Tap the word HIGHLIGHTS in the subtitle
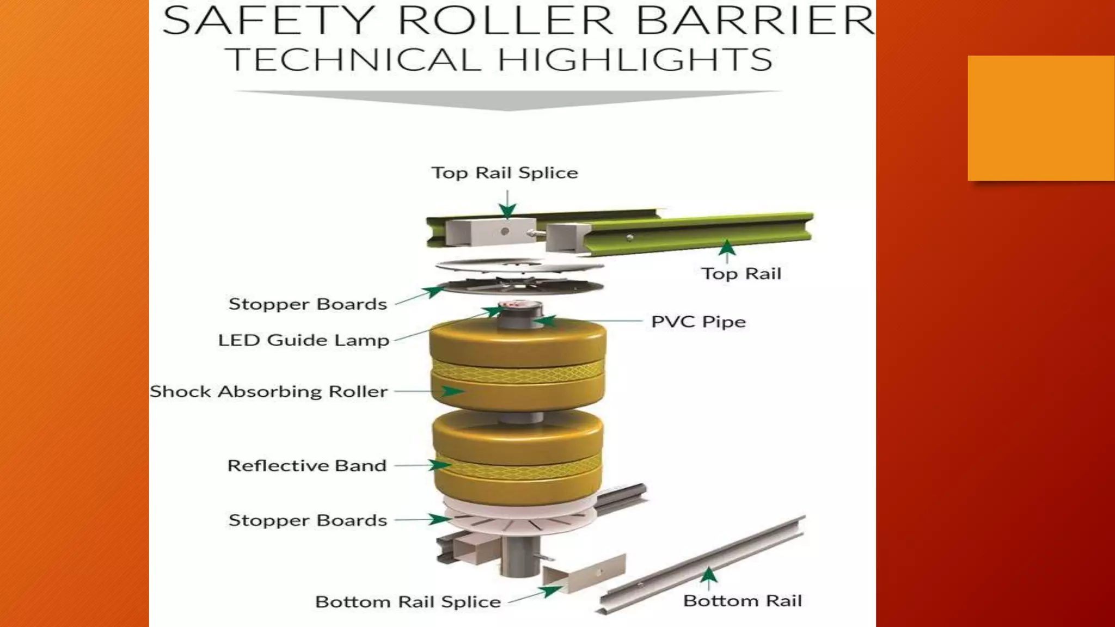pyautogui.click(x=635, y=59)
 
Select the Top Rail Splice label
pyautogui.click(x=505, y=173)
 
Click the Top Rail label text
pyautogui.click(x=741, y=273)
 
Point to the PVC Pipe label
pyautogui.click(x=699, y=321)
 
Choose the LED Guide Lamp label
pyautogui.click(x=304, y=340)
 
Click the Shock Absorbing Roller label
pyautogui.click(x=268, y=391)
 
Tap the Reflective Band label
pyautogui.click(x=307, y=465)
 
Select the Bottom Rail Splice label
pyautogui.click(x=408, y=601)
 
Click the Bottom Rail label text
pyautogui.click(x=743, y=600)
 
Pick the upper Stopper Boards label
pyautogui.click(x=308, y=304)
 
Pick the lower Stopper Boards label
pyautogui.click(x=308, y=520)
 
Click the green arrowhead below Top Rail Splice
pyautogui.click(x=507, y=211)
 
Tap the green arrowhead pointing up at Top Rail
pyautogui.click(x=727, y=248)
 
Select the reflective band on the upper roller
pyautogui.click(x=517, y=373)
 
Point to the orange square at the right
pyautogui.click(x=1041, y=118)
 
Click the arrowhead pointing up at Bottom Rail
pyautogui.click(x=708, y=575)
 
